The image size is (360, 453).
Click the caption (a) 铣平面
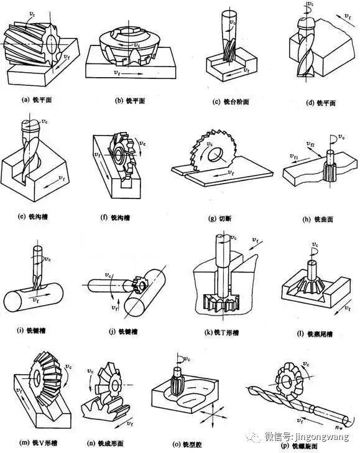tap(39, 99)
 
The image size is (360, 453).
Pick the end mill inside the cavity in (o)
tap(175, 380)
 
